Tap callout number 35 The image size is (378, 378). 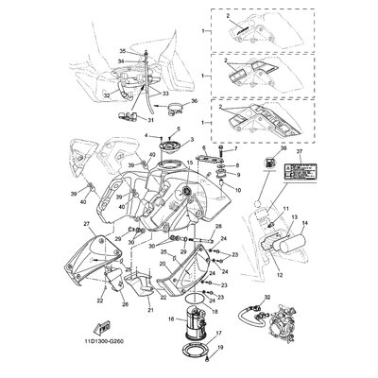pyautogui.click(x=122, y=49)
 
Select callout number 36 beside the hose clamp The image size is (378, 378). pyautogui.click(x=195, y=101)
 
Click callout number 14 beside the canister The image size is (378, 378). pyautogui.click(x=318, y=224)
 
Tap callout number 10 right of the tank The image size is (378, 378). pyautogui.click(x=238, y=189)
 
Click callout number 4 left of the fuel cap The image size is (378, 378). pyautogui.click(x=147, y=137)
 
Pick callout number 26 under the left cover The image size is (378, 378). pyautogui.click(x=125, y=303)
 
